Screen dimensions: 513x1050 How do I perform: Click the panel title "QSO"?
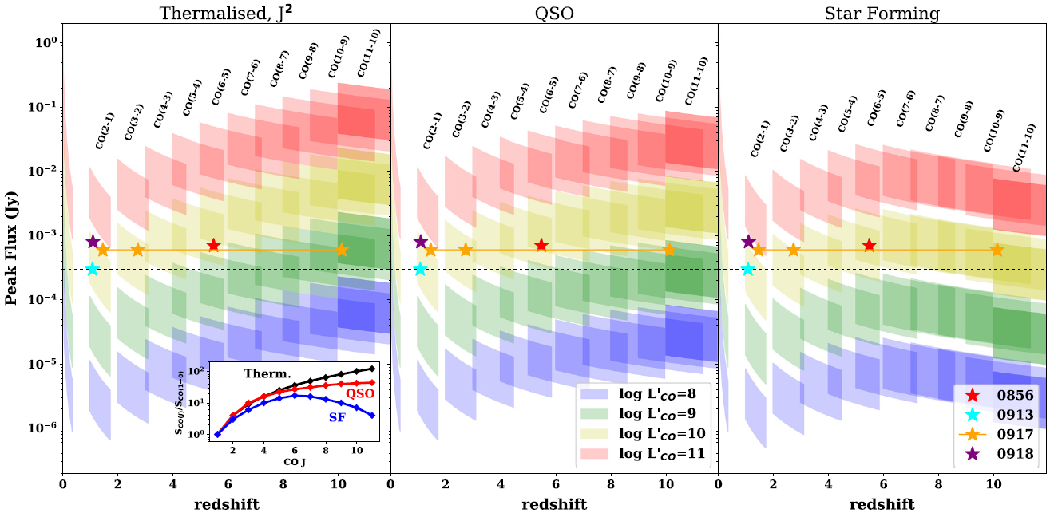tap(554, 14)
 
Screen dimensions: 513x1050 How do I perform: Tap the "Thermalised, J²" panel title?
tap(226, 14)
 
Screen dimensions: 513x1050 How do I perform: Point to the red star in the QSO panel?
tap(541, 245)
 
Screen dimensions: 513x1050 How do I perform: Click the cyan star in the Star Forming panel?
tap(747, 269)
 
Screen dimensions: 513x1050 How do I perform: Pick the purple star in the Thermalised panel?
tap(93, 241)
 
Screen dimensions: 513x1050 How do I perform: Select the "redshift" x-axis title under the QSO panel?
tap(554, 504)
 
